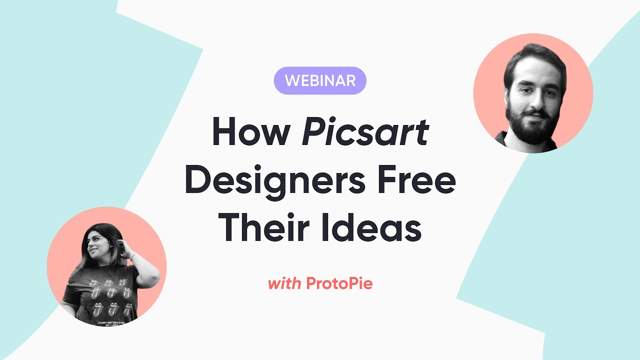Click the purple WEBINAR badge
click(320, 80)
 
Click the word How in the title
click(251, 132)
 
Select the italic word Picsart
click(365, 132)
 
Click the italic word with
click(284, 284)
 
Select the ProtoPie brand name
click(339, 284)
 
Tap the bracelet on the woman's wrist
click(132, 256)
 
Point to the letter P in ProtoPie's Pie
click(351, 284)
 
